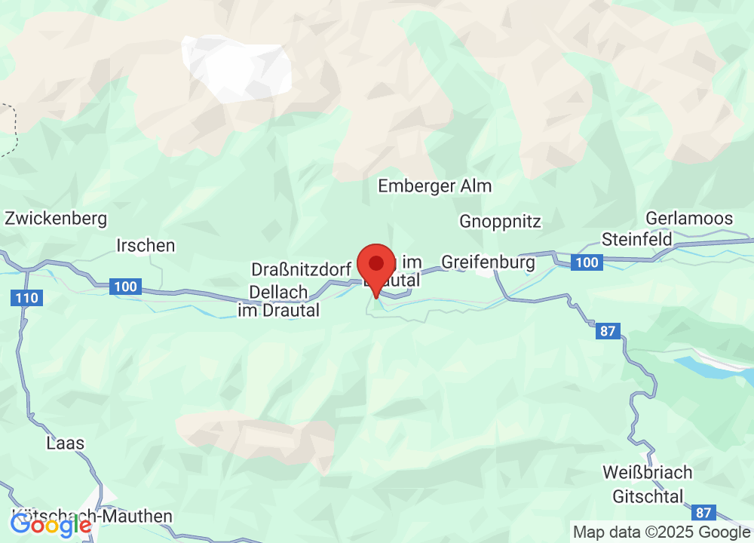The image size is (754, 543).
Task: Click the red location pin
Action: pos(376,265)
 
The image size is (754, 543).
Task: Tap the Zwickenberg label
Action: pos(56,219)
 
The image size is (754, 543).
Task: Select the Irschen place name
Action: pos(146,245)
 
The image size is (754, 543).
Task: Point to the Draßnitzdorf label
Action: pos(301,269)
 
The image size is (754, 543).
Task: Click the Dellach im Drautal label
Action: pos(278,300)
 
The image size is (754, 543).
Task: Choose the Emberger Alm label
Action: pos(434,186)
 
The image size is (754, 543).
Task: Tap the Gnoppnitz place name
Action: pos(500,221)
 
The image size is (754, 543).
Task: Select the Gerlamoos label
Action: pos(689,219)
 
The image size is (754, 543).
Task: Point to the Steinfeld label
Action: pos(636,239)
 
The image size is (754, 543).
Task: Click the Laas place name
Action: pos(65,443)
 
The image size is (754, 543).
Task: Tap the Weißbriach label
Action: pos(647,473)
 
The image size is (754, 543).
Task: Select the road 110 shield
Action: pos(26,299)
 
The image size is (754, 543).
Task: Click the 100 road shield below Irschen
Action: pos(124,287)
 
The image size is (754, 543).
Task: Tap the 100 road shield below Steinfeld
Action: pos(585,262)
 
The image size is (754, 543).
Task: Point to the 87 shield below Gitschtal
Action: pos(703,513)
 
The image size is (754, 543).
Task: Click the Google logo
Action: pos(50,525)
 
